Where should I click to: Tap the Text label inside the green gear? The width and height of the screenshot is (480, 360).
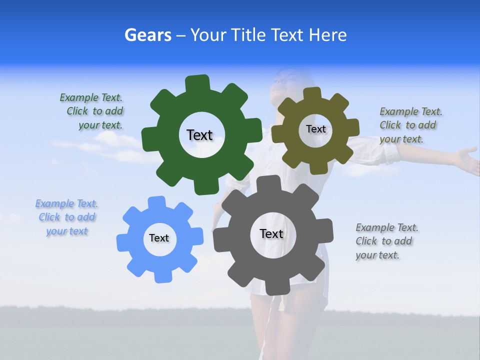click(x=199, y=135)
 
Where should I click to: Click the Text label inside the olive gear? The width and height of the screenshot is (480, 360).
click(x=315, y=129)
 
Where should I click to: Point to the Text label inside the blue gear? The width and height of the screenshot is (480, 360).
click(x=159, y=238)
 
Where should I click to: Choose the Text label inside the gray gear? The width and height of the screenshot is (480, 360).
click(x=271, y=233)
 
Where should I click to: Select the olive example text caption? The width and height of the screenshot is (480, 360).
click(x=410, y=125)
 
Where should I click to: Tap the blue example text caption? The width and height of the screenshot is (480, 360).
click(x=66, y=217)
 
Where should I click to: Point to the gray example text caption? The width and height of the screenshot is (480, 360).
click(x=386, y=241)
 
